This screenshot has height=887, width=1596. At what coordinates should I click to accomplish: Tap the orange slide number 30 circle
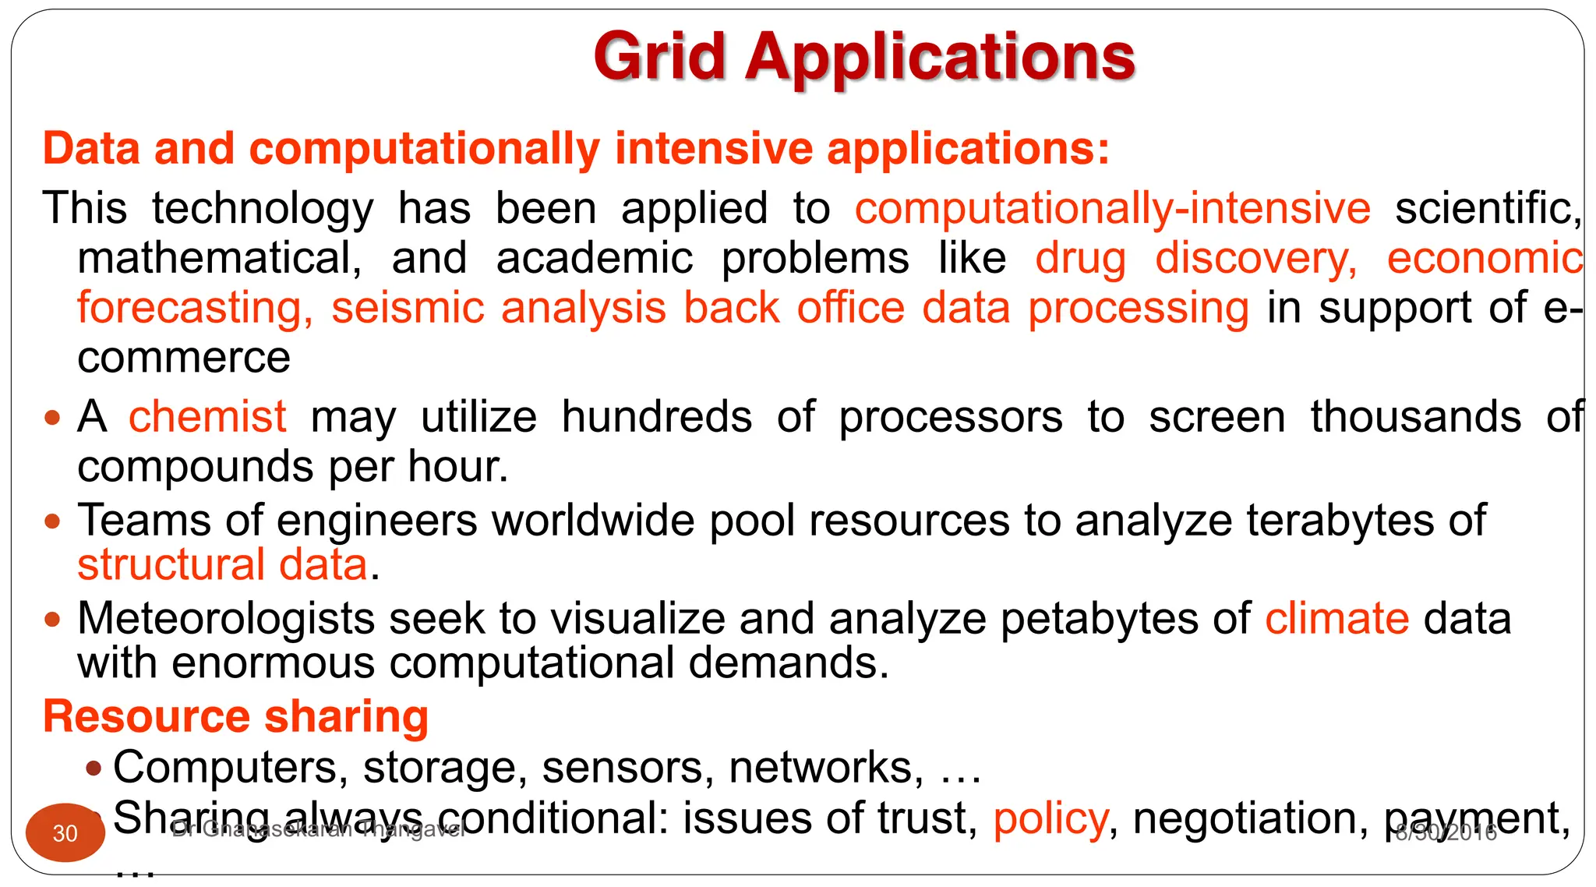click(65, 832)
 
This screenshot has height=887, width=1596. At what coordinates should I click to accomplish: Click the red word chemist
click(207, 416)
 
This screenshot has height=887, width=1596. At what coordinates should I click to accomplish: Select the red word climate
click(1336, 619)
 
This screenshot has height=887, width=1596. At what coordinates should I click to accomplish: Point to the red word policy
click(1050, 819)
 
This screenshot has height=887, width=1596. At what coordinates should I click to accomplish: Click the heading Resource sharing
click(235, 716)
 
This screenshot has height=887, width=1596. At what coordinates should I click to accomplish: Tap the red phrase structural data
click(222, 564)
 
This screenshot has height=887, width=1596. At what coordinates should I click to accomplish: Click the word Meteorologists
click(226, 619)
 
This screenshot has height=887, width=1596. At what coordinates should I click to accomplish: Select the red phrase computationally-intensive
click(1112, 208)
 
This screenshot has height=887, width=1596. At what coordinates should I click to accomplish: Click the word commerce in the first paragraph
click(184, 358)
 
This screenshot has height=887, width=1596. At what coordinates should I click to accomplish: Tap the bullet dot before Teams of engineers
click(52, 521)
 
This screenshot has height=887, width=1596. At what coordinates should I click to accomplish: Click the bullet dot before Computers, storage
click(94, 769)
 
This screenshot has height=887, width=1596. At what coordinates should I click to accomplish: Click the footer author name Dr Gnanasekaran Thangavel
click(318, 829)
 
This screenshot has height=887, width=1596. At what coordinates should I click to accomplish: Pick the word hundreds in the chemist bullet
click(656, 416)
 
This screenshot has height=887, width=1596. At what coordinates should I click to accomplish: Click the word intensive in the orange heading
click(713, 148)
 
